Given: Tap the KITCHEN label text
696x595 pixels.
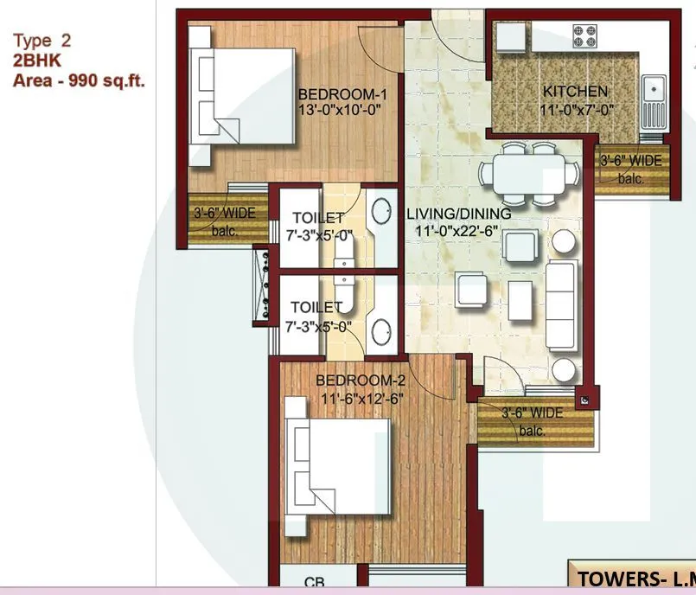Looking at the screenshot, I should click(575, 92).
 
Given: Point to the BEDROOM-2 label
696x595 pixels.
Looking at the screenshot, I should click(361, 381).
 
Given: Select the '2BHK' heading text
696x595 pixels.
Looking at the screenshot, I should click(37, 61).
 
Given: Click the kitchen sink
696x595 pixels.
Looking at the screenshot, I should click(653, 89).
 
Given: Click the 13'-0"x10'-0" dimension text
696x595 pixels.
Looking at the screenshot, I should click(339, 110).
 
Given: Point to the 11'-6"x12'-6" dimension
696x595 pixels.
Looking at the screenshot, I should click(361, 398).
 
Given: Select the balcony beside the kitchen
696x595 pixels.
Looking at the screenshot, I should click(631, 167).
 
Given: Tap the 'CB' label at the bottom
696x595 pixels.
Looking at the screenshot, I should click(315, 584).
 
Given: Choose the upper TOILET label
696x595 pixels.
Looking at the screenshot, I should click(317, 218).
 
